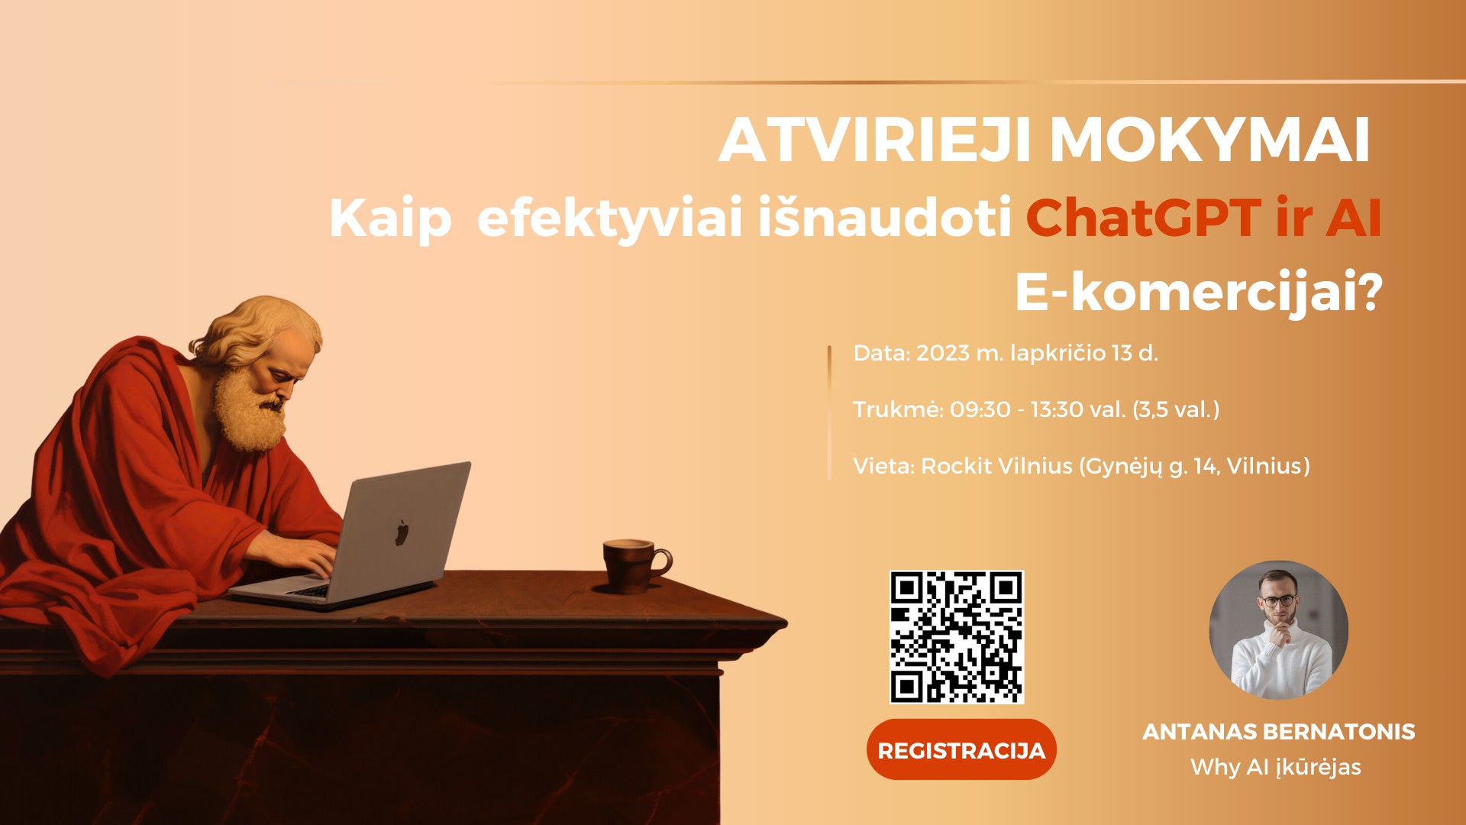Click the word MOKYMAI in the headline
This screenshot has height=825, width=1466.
point(1209,141)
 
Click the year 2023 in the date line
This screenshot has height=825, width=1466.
point(943,353)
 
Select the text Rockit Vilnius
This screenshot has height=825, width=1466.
point(996,466)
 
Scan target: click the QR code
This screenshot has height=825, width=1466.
point(957,637)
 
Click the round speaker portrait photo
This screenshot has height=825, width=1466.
point(1279,630)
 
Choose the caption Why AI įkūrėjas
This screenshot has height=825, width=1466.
point(1276,767)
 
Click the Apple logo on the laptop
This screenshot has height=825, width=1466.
point(402,532)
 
